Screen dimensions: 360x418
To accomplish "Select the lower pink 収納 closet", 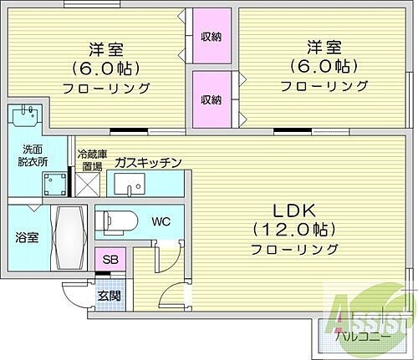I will coord(211,99).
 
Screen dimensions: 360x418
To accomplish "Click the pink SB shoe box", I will coord(110,260).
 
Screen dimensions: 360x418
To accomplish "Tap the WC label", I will coord(161,221).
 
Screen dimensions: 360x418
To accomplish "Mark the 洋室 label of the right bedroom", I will coord(324,48).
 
